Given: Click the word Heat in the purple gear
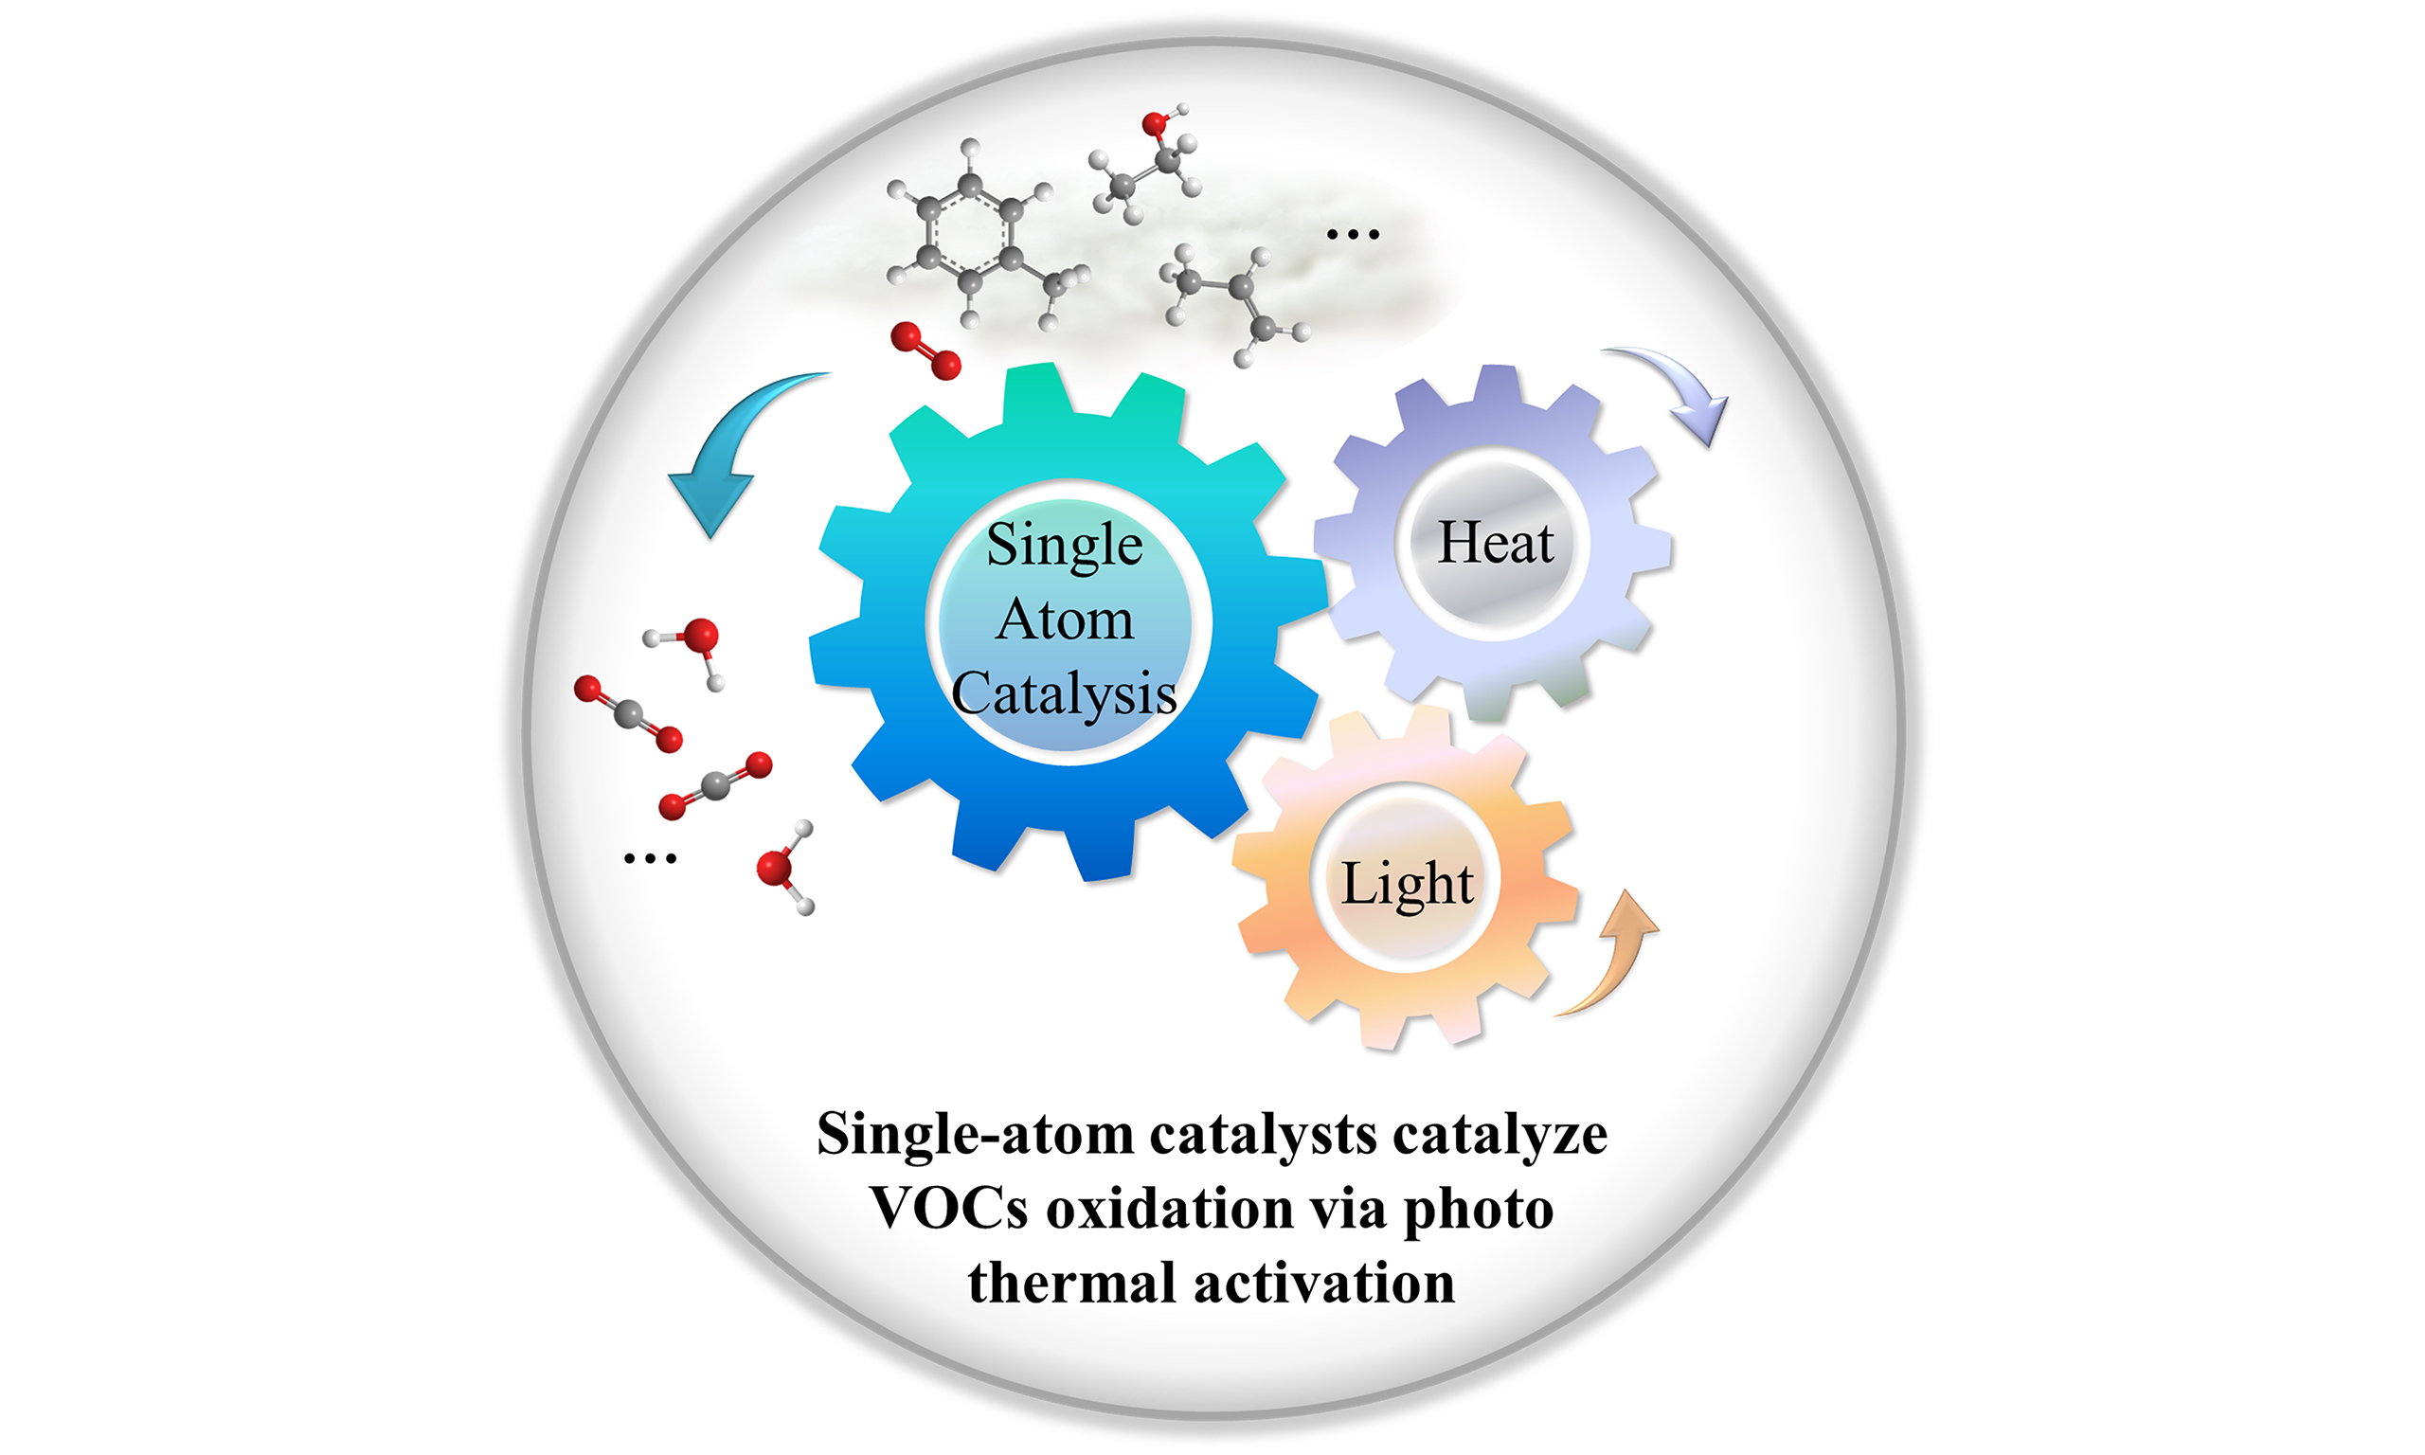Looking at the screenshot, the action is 1496,542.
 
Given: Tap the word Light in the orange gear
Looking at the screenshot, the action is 1407,884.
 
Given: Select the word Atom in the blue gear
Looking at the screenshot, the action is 1065,620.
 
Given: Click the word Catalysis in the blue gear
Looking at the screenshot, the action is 1064,694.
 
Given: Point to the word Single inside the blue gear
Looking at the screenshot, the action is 1065,545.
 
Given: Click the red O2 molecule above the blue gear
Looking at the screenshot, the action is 925,351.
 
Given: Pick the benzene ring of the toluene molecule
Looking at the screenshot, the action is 967,233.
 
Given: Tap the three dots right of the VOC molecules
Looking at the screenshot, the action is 1352,234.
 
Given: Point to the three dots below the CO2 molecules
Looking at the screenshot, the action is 650,859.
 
